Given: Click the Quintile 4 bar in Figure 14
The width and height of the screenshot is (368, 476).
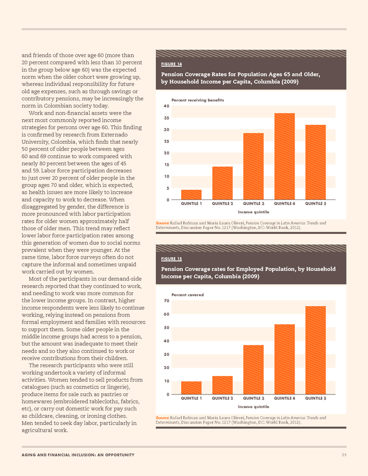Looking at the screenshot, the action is [285, 156].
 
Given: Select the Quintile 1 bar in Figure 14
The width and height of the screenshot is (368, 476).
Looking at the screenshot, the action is [191, 194].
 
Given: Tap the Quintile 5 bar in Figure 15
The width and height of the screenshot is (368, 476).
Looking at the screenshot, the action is [316, 350].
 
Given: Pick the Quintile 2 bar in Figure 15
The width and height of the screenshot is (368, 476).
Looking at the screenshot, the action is [223, 385].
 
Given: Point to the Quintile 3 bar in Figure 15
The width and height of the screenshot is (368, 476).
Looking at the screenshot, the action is [254, 370].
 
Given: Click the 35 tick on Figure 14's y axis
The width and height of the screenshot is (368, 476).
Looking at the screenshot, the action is [166, 118].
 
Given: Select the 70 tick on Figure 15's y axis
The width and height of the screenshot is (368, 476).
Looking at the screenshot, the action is [166, 301].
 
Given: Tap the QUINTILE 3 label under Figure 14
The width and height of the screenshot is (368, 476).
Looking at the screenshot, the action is [254, 204].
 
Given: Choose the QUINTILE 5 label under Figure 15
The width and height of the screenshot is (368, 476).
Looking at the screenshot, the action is [316, 398].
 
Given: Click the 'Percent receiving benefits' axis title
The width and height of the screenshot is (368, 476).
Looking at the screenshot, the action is [198, 100].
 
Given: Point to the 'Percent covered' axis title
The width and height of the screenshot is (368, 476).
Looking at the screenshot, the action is [187, 295].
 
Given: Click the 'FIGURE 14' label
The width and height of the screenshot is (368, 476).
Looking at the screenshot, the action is [171, 64].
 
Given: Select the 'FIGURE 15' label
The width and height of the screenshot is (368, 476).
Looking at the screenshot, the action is [171, 259].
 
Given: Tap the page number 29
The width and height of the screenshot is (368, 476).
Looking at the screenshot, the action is [344, 455].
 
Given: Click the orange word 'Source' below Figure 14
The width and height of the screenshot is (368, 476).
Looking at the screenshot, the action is [163, 223].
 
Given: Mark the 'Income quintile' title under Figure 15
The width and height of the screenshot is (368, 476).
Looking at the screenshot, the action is [254, 407].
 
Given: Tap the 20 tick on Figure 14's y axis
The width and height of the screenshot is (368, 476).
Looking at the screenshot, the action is [166, 153].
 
